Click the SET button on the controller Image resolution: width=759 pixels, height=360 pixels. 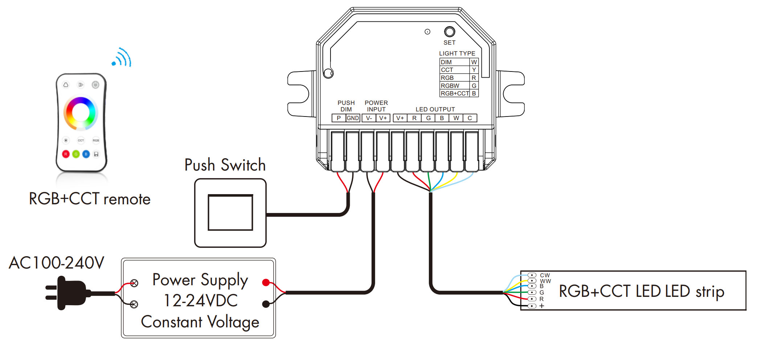click(x=449, y=32)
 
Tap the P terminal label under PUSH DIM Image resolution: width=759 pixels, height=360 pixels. click(x=339, y=118)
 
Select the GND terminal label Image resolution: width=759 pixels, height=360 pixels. click(x=353, y=118)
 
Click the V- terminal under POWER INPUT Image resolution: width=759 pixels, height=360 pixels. click(x=369, y=118)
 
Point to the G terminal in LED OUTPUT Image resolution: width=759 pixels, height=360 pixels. click(x=428, y=118)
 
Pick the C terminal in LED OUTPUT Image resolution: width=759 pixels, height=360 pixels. click(x=469, y=118)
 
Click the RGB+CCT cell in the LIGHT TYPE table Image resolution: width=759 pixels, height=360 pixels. click(x=455, y=93)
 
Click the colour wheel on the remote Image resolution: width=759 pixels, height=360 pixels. click(x=81, y=113)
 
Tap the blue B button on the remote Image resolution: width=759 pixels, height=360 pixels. click(x=86, y=154)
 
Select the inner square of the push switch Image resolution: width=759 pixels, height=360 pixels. click(x=230, y=213)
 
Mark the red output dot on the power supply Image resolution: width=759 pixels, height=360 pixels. click(x=266, y=282)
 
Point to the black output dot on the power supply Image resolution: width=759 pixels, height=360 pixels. click(x=266, y=304)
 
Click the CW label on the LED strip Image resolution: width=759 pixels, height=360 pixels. click(x=545, y=275)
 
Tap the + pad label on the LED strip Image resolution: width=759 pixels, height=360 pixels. click(x=542, y=306)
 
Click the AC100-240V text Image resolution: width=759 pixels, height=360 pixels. click(x=57, y=263)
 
